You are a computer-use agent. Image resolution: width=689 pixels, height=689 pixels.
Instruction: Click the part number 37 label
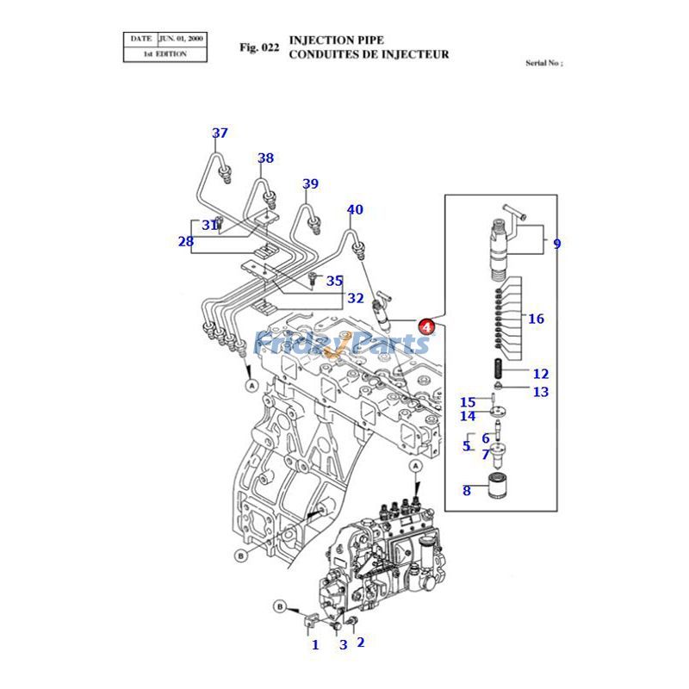[x=220, y=133]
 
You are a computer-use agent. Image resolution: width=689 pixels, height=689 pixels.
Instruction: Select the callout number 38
[x=265, y=158]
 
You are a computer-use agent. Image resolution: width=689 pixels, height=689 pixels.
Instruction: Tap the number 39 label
[x=310, y=183]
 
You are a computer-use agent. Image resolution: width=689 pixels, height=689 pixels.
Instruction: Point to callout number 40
[x=355, y=209]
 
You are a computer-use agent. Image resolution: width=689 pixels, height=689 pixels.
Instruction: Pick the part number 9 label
[x=556, y=244]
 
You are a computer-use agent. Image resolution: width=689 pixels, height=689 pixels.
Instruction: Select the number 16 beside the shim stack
[x=536, y=319]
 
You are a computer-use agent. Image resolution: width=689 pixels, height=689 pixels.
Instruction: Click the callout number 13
[x=540, y=392]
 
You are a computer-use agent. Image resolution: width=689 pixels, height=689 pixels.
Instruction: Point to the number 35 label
[x=334, y=280]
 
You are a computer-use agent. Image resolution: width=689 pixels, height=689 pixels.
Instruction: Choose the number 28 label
[x=186, y=241]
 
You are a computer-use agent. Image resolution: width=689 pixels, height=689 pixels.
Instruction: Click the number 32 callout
[x=355, y=299]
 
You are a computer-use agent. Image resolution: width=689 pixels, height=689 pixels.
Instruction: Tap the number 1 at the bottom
[x=315, y=644]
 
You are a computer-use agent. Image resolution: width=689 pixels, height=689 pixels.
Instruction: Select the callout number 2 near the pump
[x=360, y=642]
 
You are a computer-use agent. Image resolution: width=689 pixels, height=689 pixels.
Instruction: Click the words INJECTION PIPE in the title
[x=337, y=40]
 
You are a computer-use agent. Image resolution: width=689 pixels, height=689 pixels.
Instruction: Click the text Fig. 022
[x=259, y=47]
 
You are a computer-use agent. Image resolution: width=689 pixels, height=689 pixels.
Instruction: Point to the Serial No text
[x=543, y=63]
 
